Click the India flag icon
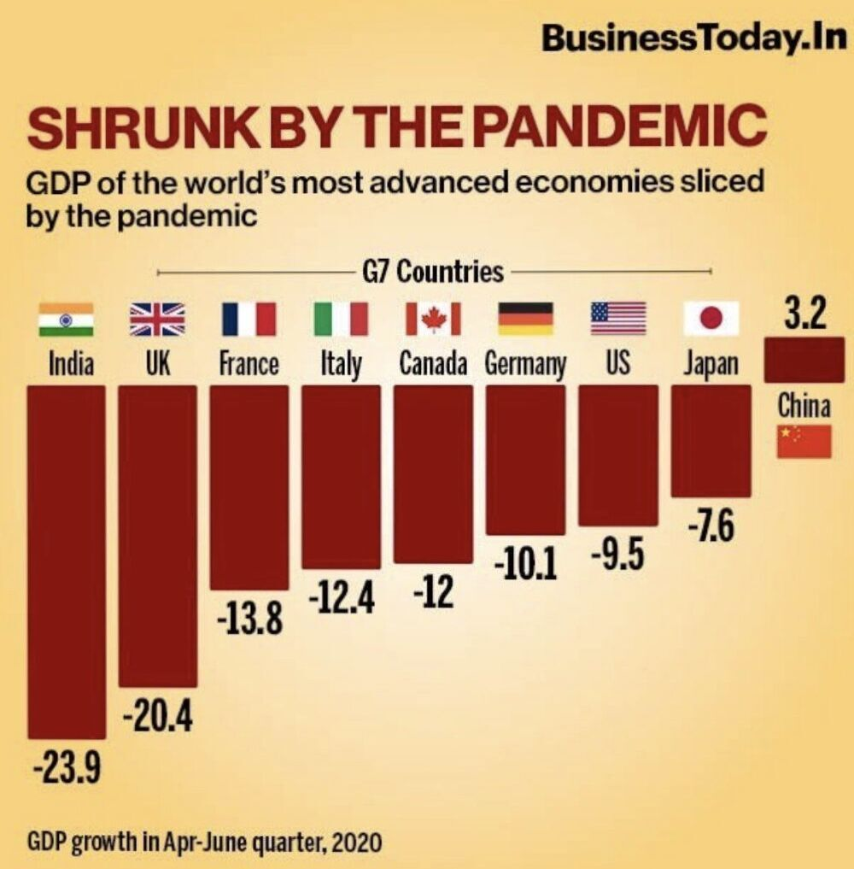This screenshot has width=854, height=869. [66, 319]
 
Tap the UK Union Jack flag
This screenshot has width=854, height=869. [156, 319]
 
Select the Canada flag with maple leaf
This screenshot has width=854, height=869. [432, 319]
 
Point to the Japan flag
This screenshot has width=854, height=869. [711, 319]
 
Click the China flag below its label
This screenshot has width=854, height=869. [804, 442]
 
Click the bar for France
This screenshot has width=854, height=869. [249, 487]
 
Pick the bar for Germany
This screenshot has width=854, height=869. [525, 460]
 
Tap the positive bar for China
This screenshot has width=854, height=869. [804, 360]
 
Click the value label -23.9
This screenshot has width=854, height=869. [67, 769]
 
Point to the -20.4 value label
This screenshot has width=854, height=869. [157, 716]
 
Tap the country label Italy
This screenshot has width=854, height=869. [341, 365]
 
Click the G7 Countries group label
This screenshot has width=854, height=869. [433, 273]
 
